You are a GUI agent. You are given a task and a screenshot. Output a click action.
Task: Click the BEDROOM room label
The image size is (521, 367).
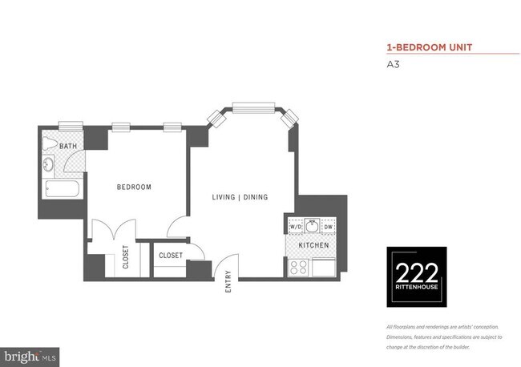click(134, 188)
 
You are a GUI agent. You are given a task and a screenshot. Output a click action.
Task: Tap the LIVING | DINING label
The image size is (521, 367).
click(240, 197)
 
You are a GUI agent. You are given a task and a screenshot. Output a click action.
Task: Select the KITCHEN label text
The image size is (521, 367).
click(313, 244)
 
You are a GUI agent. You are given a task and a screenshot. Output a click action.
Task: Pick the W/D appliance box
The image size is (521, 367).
click(295, 227)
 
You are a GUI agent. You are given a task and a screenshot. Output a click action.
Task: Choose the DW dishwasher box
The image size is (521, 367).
click(329, 227)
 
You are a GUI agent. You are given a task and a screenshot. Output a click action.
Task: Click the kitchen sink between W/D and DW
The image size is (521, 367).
click(312, 225)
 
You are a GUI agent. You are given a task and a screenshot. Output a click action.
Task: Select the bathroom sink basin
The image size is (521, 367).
click(48, 166)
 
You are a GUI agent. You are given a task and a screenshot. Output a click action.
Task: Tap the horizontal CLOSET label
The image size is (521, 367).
click(171, 256)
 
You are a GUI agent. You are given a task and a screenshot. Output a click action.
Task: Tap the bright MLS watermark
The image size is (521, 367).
click(30, 353)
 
